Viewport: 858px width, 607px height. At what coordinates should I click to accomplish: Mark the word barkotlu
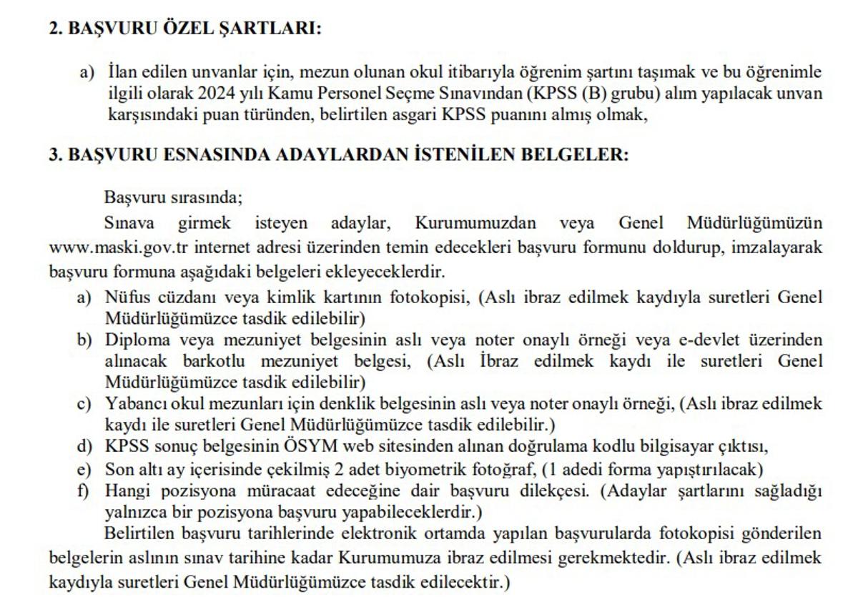point(204,361)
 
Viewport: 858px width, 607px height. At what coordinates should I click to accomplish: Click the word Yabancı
point(132,405)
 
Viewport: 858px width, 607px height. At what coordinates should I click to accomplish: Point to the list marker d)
point(84,448)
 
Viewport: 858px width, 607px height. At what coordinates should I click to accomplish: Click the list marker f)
point(84,491)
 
